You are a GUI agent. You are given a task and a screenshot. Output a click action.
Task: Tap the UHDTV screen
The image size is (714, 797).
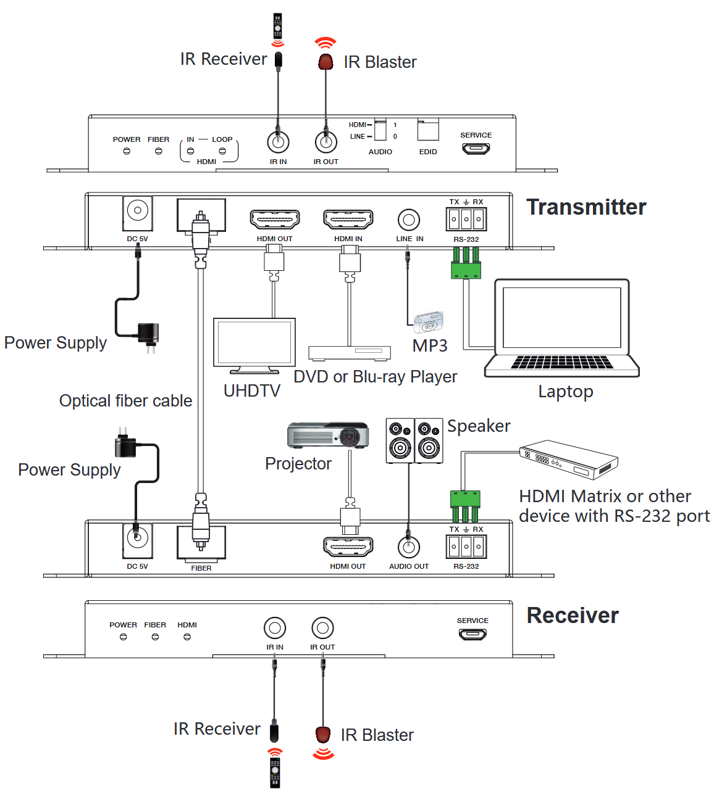[254, 343]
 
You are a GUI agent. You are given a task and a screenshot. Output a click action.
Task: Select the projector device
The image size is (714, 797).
[328, 435]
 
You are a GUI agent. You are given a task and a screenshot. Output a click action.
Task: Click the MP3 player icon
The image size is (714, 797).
[429, 322]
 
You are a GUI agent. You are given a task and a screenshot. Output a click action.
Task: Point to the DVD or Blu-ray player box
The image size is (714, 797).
[350, 353]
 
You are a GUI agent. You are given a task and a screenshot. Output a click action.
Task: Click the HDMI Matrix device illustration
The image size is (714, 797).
[569, 459]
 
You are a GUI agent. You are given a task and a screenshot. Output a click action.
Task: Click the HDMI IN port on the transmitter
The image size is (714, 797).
[348, 219]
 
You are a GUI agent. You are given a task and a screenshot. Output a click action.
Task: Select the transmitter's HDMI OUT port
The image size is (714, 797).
[275, 219]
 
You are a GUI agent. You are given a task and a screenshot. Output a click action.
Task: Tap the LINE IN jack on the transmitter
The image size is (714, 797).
[409, 219]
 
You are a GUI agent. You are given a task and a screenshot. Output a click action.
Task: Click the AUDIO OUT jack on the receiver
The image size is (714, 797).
[409, 547]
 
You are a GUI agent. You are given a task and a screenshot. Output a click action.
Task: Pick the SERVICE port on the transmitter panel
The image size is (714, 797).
[476, 149]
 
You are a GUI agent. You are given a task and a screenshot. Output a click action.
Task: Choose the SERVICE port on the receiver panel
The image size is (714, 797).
[472, 634]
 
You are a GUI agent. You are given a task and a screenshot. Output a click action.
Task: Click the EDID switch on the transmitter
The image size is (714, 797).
[428, 131]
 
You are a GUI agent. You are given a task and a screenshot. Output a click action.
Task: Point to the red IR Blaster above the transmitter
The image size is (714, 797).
[325, 62]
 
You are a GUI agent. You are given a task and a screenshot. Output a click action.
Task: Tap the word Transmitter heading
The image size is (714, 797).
[586, 207]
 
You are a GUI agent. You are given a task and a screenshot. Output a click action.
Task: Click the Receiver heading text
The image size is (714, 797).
[573, 616]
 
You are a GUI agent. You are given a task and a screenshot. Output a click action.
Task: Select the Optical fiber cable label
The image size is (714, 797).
[125, 401]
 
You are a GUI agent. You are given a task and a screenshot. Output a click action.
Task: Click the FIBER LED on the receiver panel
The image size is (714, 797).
[155, 637]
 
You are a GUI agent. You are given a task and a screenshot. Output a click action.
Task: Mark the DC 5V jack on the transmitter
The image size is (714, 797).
[138, 211]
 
